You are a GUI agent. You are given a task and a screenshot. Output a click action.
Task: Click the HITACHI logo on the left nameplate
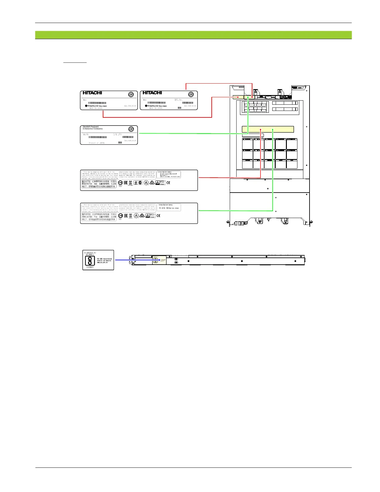[92, 93]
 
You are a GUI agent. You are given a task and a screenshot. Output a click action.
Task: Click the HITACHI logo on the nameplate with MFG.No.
[152, 93]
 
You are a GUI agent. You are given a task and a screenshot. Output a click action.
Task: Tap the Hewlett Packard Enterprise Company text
[93, 128]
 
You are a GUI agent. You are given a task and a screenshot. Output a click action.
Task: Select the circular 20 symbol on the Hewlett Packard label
[131, 129]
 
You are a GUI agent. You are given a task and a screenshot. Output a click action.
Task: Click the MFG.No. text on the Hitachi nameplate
[179, 100]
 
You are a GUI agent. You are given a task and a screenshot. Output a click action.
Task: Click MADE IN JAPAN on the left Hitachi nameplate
[96, 108]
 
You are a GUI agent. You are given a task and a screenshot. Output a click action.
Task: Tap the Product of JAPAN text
[97, 143]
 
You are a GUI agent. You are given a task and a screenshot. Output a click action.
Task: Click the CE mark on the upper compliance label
[168, 183]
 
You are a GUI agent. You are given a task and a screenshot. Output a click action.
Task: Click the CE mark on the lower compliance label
[158, 216]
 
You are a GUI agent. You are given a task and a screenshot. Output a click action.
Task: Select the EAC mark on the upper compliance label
[125, 183]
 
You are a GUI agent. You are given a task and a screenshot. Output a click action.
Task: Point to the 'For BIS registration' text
[104, 258]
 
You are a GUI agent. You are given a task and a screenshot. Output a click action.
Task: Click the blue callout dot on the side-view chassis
[160, 260]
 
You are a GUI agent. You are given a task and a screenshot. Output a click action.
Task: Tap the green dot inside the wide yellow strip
[273, 130]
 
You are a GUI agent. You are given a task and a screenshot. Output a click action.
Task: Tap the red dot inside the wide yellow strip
[261, 130]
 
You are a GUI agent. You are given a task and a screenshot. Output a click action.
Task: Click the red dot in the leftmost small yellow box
[238, 97]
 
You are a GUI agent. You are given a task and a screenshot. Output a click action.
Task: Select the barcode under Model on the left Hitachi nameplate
[97, 103]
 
